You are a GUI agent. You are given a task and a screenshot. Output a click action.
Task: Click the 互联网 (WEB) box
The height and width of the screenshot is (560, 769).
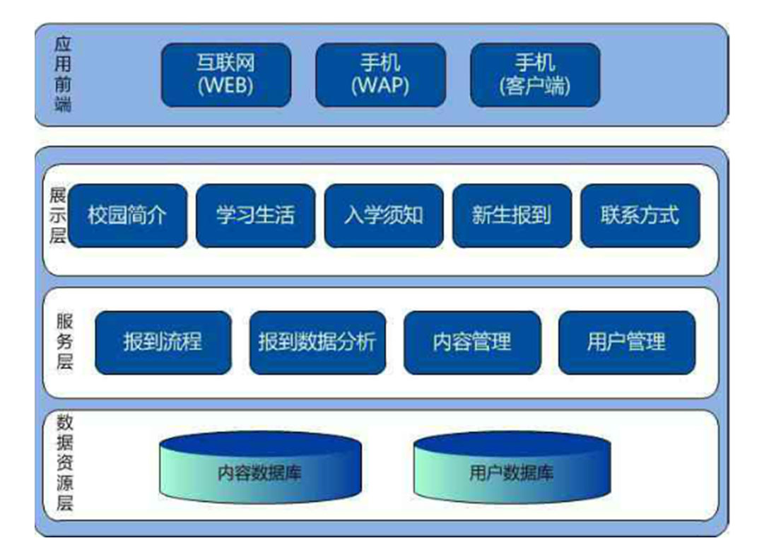[226, 75]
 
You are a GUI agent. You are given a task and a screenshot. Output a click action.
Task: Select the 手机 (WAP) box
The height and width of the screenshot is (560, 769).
[380, 75]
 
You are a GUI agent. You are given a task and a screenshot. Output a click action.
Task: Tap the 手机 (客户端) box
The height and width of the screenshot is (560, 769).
[535, 75]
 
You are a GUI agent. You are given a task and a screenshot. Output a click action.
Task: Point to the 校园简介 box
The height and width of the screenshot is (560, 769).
[127, 216]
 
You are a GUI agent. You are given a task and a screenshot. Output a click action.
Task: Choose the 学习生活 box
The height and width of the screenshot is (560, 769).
[256, 216]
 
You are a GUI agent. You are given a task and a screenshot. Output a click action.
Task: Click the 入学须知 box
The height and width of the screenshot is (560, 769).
[384, 216]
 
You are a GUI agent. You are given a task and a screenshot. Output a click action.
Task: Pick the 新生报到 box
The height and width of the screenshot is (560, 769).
[512, 216]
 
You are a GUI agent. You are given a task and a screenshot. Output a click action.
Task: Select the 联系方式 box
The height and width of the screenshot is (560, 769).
[640, 216]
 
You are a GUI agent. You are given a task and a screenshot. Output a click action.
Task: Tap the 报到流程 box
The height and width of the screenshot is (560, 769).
[163, 343]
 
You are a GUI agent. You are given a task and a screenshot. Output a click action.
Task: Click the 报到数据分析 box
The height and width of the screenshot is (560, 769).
[318, 343]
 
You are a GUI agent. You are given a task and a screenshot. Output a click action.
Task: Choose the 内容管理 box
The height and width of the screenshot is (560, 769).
[472, 343]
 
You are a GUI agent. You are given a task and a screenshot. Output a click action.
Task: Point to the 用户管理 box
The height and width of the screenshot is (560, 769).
[627, 343]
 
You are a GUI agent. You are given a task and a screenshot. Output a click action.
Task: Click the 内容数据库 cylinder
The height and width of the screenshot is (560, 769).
[260, 469]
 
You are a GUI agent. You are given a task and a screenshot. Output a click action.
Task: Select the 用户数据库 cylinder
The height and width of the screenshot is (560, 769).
[512, 469]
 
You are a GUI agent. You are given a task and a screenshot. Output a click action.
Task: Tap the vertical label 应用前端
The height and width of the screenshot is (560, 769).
[63, 74]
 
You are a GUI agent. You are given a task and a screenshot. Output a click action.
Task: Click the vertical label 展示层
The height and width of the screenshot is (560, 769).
[57, 216]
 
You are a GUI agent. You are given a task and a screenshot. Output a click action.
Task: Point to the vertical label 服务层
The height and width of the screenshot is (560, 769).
[64, 342]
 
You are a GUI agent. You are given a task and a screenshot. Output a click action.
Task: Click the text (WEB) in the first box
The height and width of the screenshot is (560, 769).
[225, 86]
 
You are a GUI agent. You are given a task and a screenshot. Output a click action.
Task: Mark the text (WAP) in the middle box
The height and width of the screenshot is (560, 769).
[380, 86]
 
